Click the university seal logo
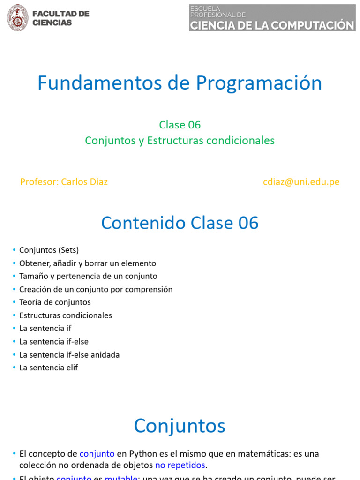coord(17,18)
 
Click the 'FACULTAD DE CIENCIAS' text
coord(60,18)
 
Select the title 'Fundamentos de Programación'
coord(180,83)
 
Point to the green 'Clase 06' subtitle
coord(180,125)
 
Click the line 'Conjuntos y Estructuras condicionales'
coord(180,141)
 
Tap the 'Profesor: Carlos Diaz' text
coord(64,182)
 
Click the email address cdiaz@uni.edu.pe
coord(301,182)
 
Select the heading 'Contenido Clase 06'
coord(180,223)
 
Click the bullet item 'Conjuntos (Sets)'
coord(49,250)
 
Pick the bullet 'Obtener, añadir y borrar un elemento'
coord(88,263)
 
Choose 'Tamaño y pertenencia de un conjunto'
coord(88,277)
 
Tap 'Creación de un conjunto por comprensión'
coord(96,290)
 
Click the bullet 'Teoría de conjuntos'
coord(55,302)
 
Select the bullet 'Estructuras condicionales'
coord(66,315)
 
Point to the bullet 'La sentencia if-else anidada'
coord(69,355)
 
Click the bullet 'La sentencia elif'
coord(48,368)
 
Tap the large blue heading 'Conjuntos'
coord(180,426)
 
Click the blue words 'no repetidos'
coord(180,465)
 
